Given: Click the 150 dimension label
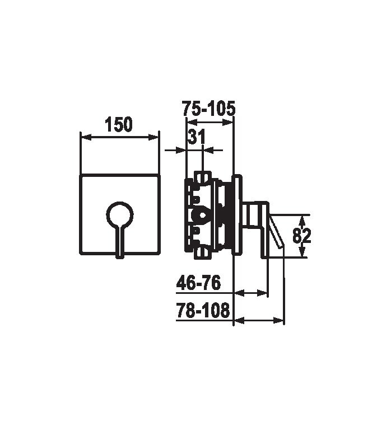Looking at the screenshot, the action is [119, 124].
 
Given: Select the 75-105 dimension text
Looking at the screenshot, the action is [208, 109].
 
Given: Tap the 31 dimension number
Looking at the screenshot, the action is [197, 137].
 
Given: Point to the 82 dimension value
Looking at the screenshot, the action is [301, 236].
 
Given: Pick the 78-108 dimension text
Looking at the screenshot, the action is [203, 310].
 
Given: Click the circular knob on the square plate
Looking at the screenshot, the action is [120, 214].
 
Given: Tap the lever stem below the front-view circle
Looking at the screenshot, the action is [120, 242].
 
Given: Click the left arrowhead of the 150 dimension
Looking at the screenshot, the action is [86, 138].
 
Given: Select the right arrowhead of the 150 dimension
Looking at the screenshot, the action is [153, 138].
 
